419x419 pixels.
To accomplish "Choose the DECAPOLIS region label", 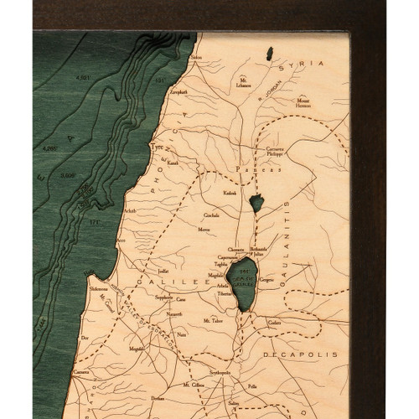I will pos(311,354).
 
